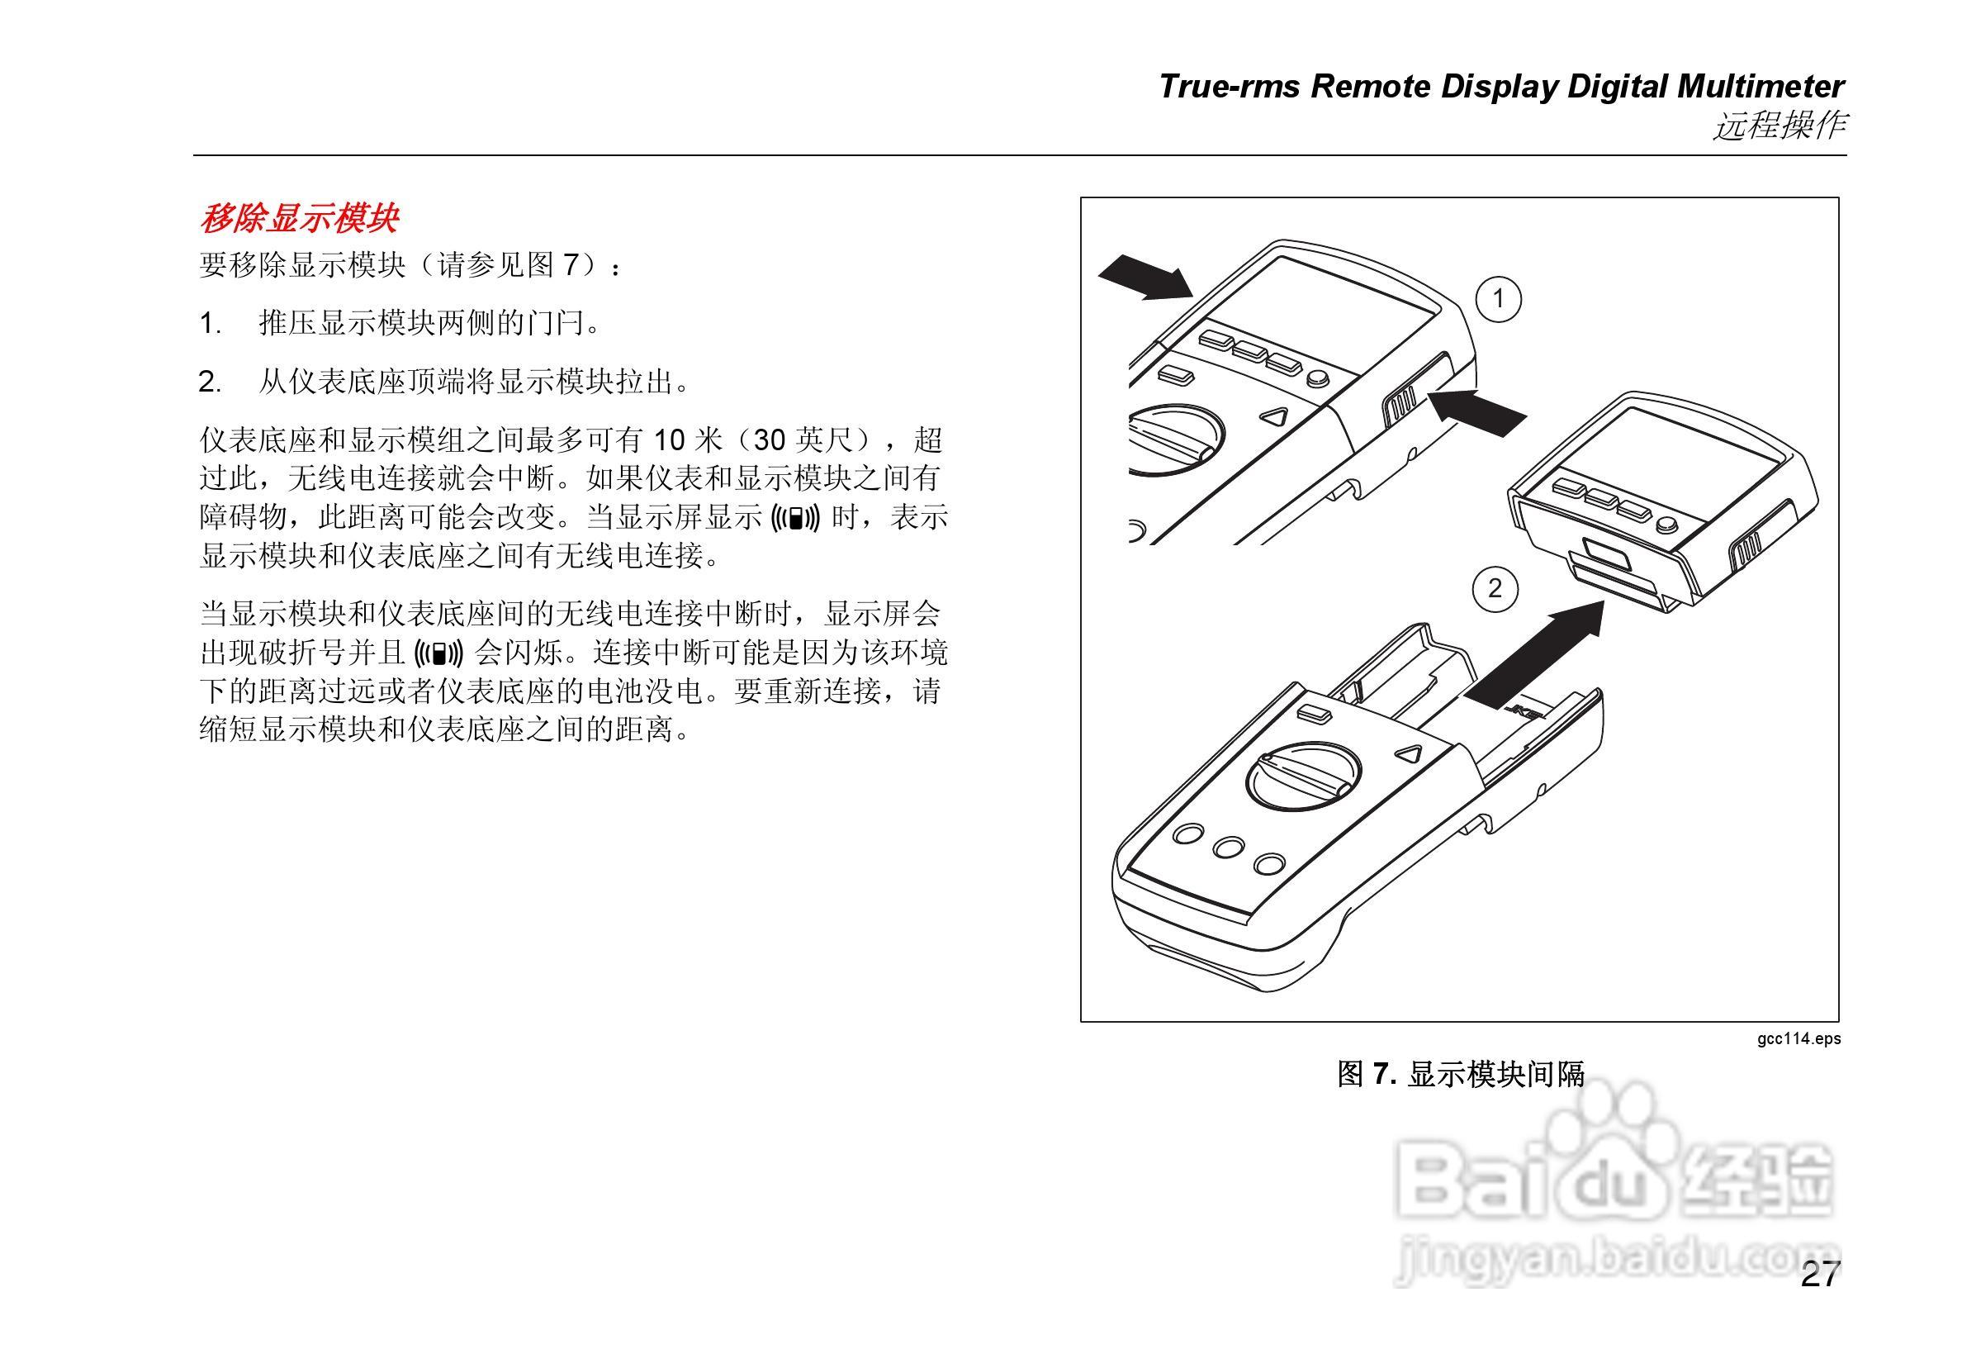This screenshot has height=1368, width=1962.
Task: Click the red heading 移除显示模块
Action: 299,219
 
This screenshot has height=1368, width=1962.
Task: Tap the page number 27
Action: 1819,1299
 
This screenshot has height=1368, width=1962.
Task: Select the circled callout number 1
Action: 1498,299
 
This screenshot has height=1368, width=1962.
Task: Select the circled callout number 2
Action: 1495,589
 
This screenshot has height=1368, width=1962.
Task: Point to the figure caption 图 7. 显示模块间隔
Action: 1461,1074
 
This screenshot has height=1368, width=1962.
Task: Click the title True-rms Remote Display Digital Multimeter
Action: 1501,88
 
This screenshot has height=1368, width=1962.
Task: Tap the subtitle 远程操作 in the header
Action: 1780,126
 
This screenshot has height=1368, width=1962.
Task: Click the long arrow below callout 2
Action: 1538,653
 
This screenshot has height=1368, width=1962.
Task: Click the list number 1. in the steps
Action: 211,324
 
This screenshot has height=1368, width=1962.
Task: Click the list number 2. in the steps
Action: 211,382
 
